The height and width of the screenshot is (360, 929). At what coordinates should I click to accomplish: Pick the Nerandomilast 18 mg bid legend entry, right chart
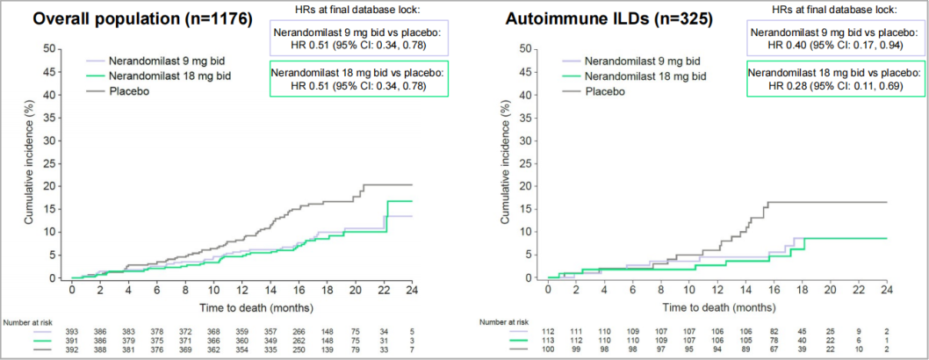click(643, 76)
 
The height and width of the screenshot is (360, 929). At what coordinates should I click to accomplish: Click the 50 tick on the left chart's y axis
click(56, 49)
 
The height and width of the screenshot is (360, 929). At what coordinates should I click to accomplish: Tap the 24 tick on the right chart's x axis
click(887, 288)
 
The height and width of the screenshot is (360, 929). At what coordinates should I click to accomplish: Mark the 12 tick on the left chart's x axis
click(241, 288)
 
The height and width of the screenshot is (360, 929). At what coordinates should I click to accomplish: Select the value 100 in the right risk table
click(548, 349)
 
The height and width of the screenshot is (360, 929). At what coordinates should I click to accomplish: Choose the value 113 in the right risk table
click(548, 338)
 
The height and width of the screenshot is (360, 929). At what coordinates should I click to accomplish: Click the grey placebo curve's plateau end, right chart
click(886, 202)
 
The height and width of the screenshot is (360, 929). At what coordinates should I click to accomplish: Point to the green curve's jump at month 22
click(383, 217)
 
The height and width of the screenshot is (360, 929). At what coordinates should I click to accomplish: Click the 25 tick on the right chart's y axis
click(531, 163)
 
